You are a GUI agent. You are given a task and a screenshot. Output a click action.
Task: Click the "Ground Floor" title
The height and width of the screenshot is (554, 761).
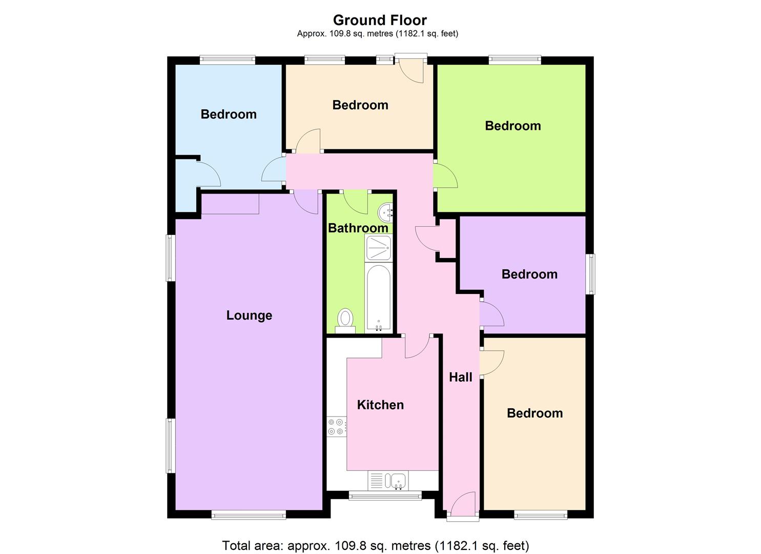(380, 20)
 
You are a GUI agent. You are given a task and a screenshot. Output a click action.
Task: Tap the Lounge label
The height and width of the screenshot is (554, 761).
(249, 315)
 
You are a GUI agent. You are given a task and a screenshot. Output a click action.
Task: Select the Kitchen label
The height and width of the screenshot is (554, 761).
(380, 405)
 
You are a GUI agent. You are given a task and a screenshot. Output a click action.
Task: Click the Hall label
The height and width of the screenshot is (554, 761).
(460, 377)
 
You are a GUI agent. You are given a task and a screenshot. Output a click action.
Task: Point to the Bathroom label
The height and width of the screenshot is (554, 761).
(358, 228)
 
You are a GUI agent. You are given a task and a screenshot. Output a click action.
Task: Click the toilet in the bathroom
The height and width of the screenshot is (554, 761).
(345, 320)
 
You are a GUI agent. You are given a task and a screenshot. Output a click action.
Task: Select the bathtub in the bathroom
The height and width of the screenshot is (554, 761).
(379, 298)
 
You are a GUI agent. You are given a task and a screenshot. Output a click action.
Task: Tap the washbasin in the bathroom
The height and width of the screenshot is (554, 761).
(386, 211)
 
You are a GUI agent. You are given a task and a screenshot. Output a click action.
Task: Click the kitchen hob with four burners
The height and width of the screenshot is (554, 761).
(337, 426)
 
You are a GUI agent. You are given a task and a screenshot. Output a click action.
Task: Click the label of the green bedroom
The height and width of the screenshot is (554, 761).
(513, 126)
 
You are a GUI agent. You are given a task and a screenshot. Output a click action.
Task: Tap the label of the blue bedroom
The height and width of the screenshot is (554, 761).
(229, 114)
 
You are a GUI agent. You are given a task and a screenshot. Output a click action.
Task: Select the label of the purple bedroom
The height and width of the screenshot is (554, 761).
(529, 274)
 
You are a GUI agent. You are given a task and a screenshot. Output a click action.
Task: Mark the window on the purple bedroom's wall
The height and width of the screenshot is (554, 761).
(590, 274)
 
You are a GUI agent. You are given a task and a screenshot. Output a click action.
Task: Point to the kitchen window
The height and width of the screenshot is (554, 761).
(385, 496)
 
